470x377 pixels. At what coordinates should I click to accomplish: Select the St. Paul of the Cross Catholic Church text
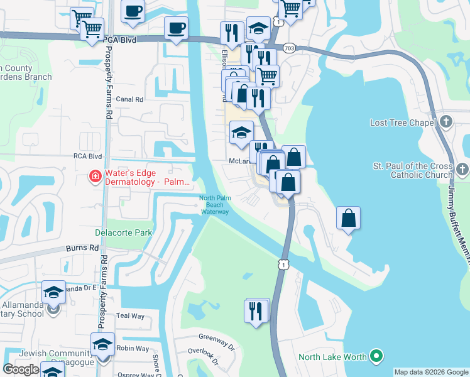412,170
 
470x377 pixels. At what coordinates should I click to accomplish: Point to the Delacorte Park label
124,232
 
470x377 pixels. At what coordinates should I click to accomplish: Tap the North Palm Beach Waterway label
214,205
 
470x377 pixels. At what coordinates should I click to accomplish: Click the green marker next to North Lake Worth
376,357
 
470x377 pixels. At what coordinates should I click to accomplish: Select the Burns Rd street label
85,248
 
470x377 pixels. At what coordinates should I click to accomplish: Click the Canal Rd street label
130,99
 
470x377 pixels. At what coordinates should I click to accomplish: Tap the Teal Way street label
130,316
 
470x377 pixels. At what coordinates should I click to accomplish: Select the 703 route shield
289,48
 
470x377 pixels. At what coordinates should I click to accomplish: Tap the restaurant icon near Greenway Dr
256,312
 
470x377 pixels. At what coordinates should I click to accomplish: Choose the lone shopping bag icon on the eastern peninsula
349,218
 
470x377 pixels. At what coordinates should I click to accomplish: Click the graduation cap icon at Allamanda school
54,292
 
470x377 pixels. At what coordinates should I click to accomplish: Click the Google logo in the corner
21,369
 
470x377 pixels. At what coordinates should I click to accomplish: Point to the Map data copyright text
430,372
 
